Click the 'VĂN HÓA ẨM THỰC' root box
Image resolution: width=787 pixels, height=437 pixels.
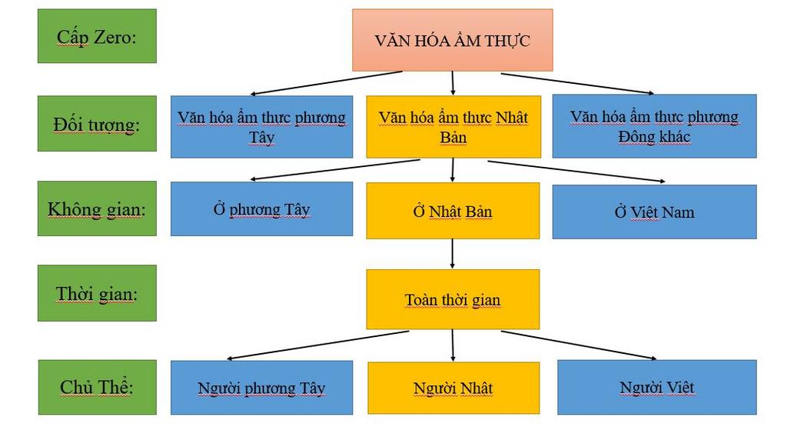click(x=452, y=40)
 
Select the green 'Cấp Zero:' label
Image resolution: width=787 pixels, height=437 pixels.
click(x=97, y=36)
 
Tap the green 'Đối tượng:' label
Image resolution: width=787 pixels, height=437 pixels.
click(x=97, y=124)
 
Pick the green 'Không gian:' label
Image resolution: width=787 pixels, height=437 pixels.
click(x=97, y=208)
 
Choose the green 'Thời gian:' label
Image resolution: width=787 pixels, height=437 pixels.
click(x=97, y=293)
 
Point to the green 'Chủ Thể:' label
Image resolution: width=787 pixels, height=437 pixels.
click(x=97, y=387)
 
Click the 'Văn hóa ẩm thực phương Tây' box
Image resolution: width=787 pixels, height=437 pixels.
click(x=261, y=127)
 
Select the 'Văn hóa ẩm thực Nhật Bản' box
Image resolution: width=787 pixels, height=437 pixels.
click(x=453, y=127)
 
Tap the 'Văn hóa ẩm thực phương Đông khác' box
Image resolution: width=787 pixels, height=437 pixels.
click(x=654, y=127)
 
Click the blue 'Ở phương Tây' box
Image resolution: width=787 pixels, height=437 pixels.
click(x=261, y=209)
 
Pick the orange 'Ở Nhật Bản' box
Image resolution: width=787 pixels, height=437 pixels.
click(x=453, y=211)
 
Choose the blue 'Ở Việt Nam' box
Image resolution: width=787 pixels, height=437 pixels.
click(x=654, y=212)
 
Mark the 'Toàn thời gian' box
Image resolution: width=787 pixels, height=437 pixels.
click(x=453, y=299)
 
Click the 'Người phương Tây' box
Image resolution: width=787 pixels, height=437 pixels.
click(x=261, y=388)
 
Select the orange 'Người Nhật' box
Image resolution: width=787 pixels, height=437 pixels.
click(x=453, y=388)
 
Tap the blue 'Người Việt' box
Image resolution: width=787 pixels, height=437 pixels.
click(x=657, y=387)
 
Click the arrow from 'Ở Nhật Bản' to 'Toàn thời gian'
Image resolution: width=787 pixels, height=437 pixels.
click(x=452, y=253)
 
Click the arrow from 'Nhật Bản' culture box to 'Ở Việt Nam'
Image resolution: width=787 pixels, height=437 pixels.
click(x=584, y=172)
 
